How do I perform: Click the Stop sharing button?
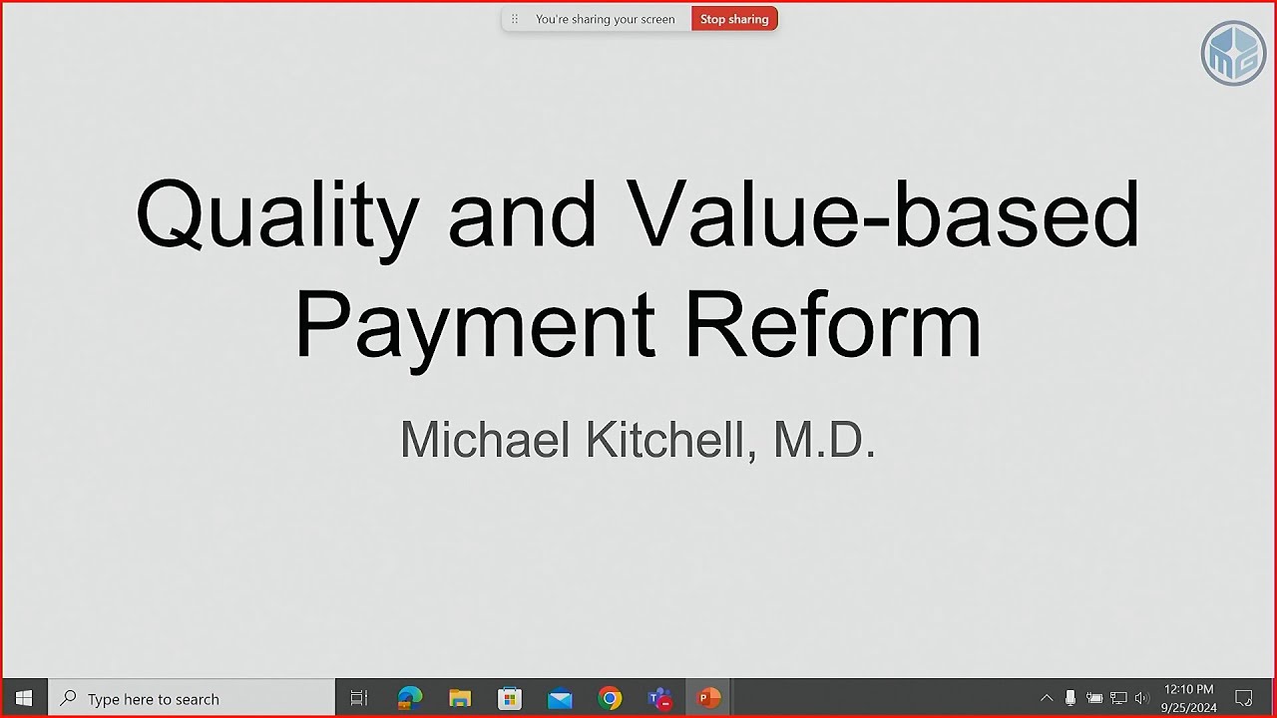(734, 19)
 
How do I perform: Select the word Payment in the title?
(474, 325)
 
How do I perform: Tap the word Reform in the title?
(833, 323)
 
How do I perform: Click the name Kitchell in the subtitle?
(669, 440)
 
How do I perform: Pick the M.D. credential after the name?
(824, 440)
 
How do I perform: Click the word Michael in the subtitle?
(486, 440)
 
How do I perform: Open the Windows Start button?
(24, 698)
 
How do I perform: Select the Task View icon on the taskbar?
(359, 699)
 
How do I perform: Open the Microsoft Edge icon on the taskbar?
(410, 698)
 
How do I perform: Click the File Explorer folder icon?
(460, 698)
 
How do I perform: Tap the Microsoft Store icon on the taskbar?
(510, 698)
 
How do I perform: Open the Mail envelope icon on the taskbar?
(560, 699)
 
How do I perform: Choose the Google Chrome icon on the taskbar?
(610, 698)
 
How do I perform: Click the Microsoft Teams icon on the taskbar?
(659, 698)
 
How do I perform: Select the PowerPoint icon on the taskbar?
(709, 698)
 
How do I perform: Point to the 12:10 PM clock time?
(1188, 689)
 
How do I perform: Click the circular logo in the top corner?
(1233, 52)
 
